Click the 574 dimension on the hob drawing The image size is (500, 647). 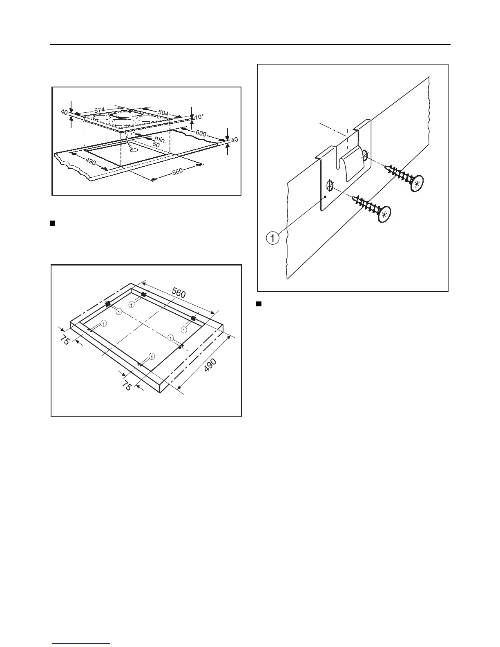[100, 110]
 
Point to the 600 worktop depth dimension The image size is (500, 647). [201, 134]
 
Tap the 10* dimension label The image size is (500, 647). [199, 117]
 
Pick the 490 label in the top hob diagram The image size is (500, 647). [91, 162]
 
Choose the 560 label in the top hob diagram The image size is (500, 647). [177, 172]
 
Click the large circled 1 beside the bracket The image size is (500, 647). [273, 237]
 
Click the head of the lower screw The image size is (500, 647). [384, 214]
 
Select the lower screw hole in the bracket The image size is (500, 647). [330, 186]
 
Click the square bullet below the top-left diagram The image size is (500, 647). [52, 223]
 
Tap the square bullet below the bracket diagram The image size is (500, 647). [258, 303]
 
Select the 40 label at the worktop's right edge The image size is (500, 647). [234, 140]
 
